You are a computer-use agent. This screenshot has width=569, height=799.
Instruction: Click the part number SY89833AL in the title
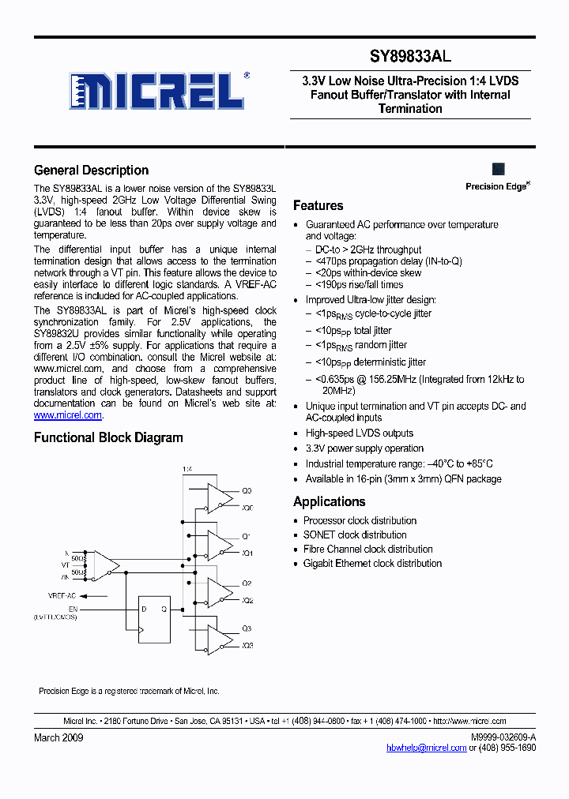411,57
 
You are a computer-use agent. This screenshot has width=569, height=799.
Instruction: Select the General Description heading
91,171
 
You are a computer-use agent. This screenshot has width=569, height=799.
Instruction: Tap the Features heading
318,206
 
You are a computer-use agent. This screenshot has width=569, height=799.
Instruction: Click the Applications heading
329,502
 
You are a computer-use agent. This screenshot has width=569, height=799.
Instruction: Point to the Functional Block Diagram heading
108,438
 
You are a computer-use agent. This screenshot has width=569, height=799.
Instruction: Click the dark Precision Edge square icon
499,169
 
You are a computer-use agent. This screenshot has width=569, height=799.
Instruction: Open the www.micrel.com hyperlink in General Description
68,415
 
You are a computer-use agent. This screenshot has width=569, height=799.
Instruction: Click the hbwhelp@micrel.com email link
426,748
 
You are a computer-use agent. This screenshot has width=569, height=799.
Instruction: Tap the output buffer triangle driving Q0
217,497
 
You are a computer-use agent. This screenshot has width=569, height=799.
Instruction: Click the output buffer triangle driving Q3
217,636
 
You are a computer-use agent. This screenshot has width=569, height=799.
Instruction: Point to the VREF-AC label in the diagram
61,595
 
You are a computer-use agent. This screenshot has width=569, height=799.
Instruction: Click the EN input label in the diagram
73,609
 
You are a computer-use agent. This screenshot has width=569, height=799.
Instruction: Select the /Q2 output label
247,601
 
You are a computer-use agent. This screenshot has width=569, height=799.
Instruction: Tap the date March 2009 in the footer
58,737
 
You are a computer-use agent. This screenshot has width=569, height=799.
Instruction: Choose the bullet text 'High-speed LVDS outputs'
359,433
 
